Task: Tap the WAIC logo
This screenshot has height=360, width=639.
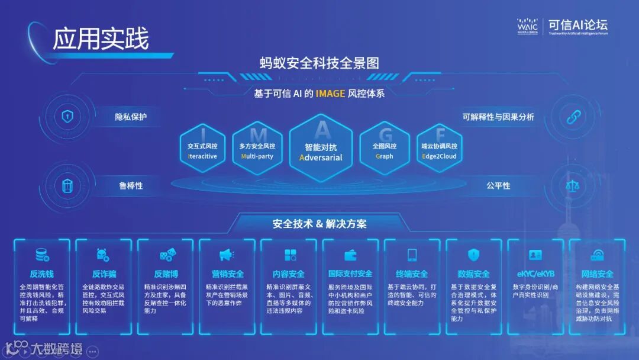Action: click(x=527, y=27)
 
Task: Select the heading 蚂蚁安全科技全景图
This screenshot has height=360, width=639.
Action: click(x=319, y=63)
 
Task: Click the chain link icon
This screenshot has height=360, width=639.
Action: click(x=573, y=117)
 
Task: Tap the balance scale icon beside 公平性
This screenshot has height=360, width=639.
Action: click(x=573, y=185)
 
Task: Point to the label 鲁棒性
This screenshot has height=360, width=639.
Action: click(x=131, y=185)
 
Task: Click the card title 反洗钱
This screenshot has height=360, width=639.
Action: click(x=41, y=274)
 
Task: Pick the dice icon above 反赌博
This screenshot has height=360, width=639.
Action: click(x=166, y=255)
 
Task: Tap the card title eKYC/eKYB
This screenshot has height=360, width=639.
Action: click(x=535, y=274)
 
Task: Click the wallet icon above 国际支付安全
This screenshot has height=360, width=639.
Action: click(x=350, y=255)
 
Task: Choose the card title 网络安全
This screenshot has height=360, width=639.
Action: click(x=597, y=274)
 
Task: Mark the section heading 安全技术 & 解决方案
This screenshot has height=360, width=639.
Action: click(x=319, y=224)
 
